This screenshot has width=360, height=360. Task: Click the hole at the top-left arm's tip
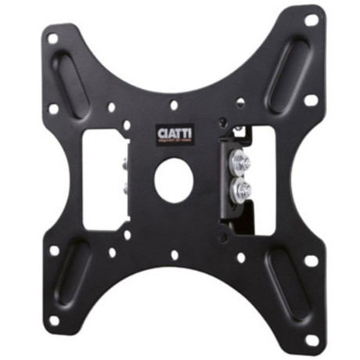[53, 37]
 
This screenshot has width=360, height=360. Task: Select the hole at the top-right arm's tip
[311, 19]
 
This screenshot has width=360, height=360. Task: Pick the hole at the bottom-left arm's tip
[54, 319]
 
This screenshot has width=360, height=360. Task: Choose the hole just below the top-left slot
[53, 108]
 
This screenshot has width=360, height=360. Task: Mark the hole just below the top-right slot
[310, 100]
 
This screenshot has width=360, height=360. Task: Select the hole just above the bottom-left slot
[54, 251]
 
